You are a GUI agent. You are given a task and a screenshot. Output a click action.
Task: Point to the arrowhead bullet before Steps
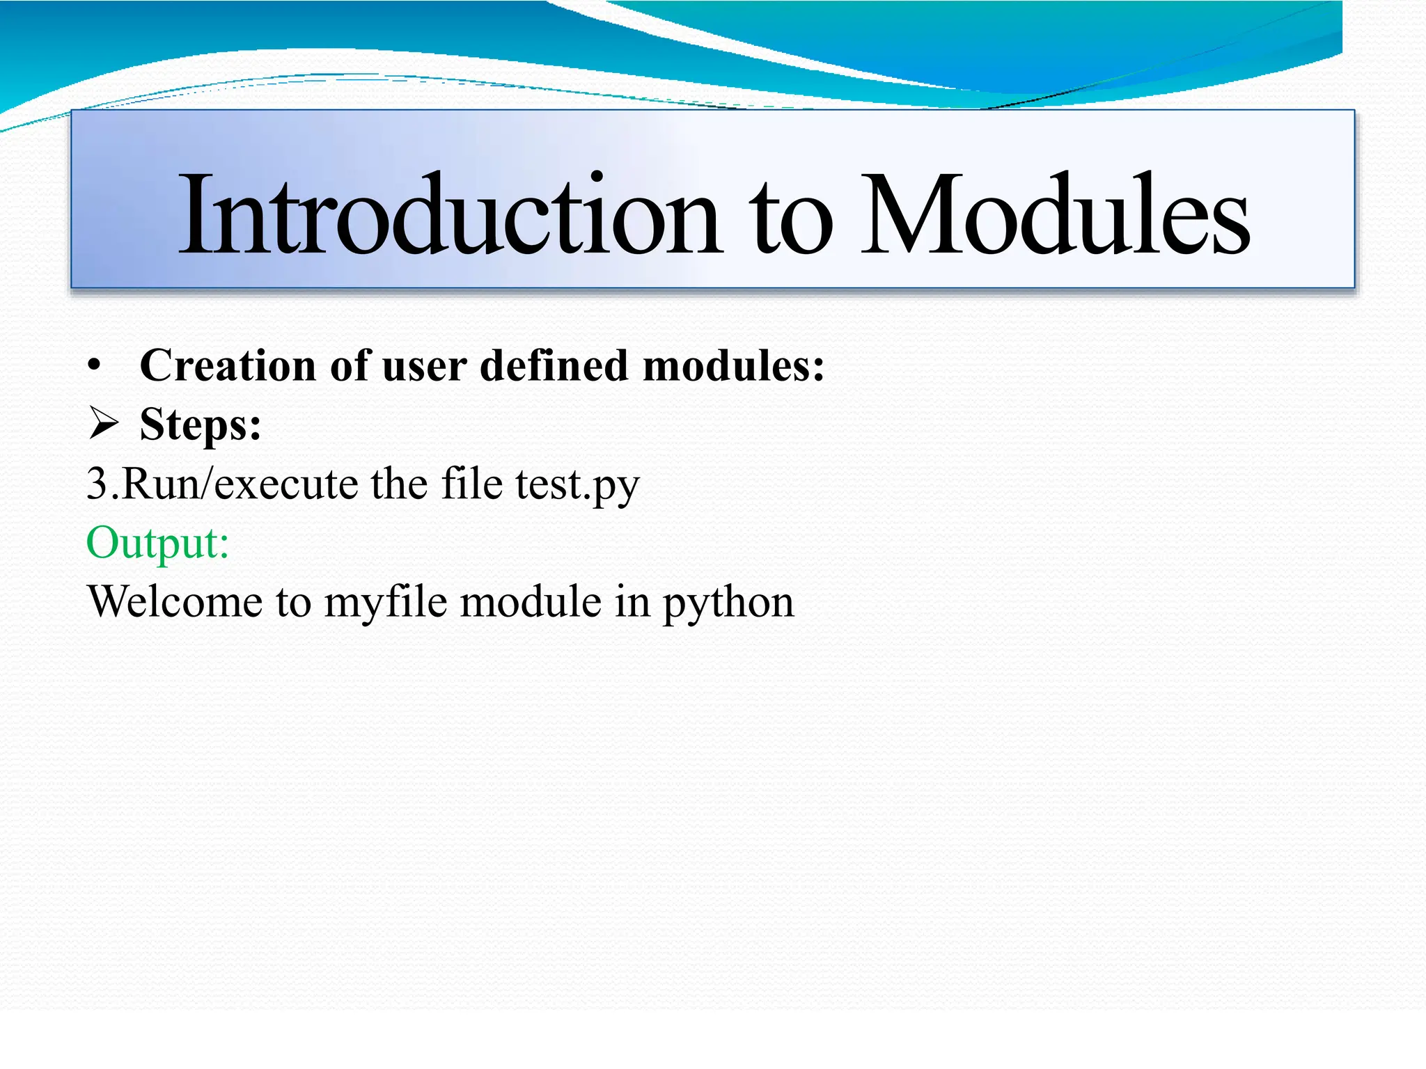click(x=104, y=424)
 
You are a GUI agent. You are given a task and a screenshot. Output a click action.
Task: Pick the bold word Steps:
click(x=201, y=425)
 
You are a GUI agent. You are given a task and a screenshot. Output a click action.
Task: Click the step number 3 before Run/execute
click(x=97, y=484)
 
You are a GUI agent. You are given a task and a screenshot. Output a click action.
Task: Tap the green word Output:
click(x=157, y=543)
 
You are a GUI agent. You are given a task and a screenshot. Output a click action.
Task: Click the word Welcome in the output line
click(x=175, y=601)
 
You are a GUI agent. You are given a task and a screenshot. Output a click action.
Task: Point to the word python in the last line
click(x=728, y=603)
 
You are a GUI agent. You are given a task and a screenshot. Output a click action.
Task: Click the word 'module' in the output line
click(x=531, y=601)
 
